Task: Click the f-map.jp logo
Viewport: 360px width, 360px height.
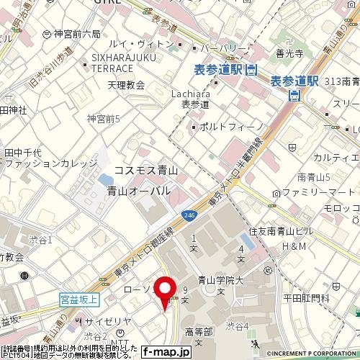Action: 166,352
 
